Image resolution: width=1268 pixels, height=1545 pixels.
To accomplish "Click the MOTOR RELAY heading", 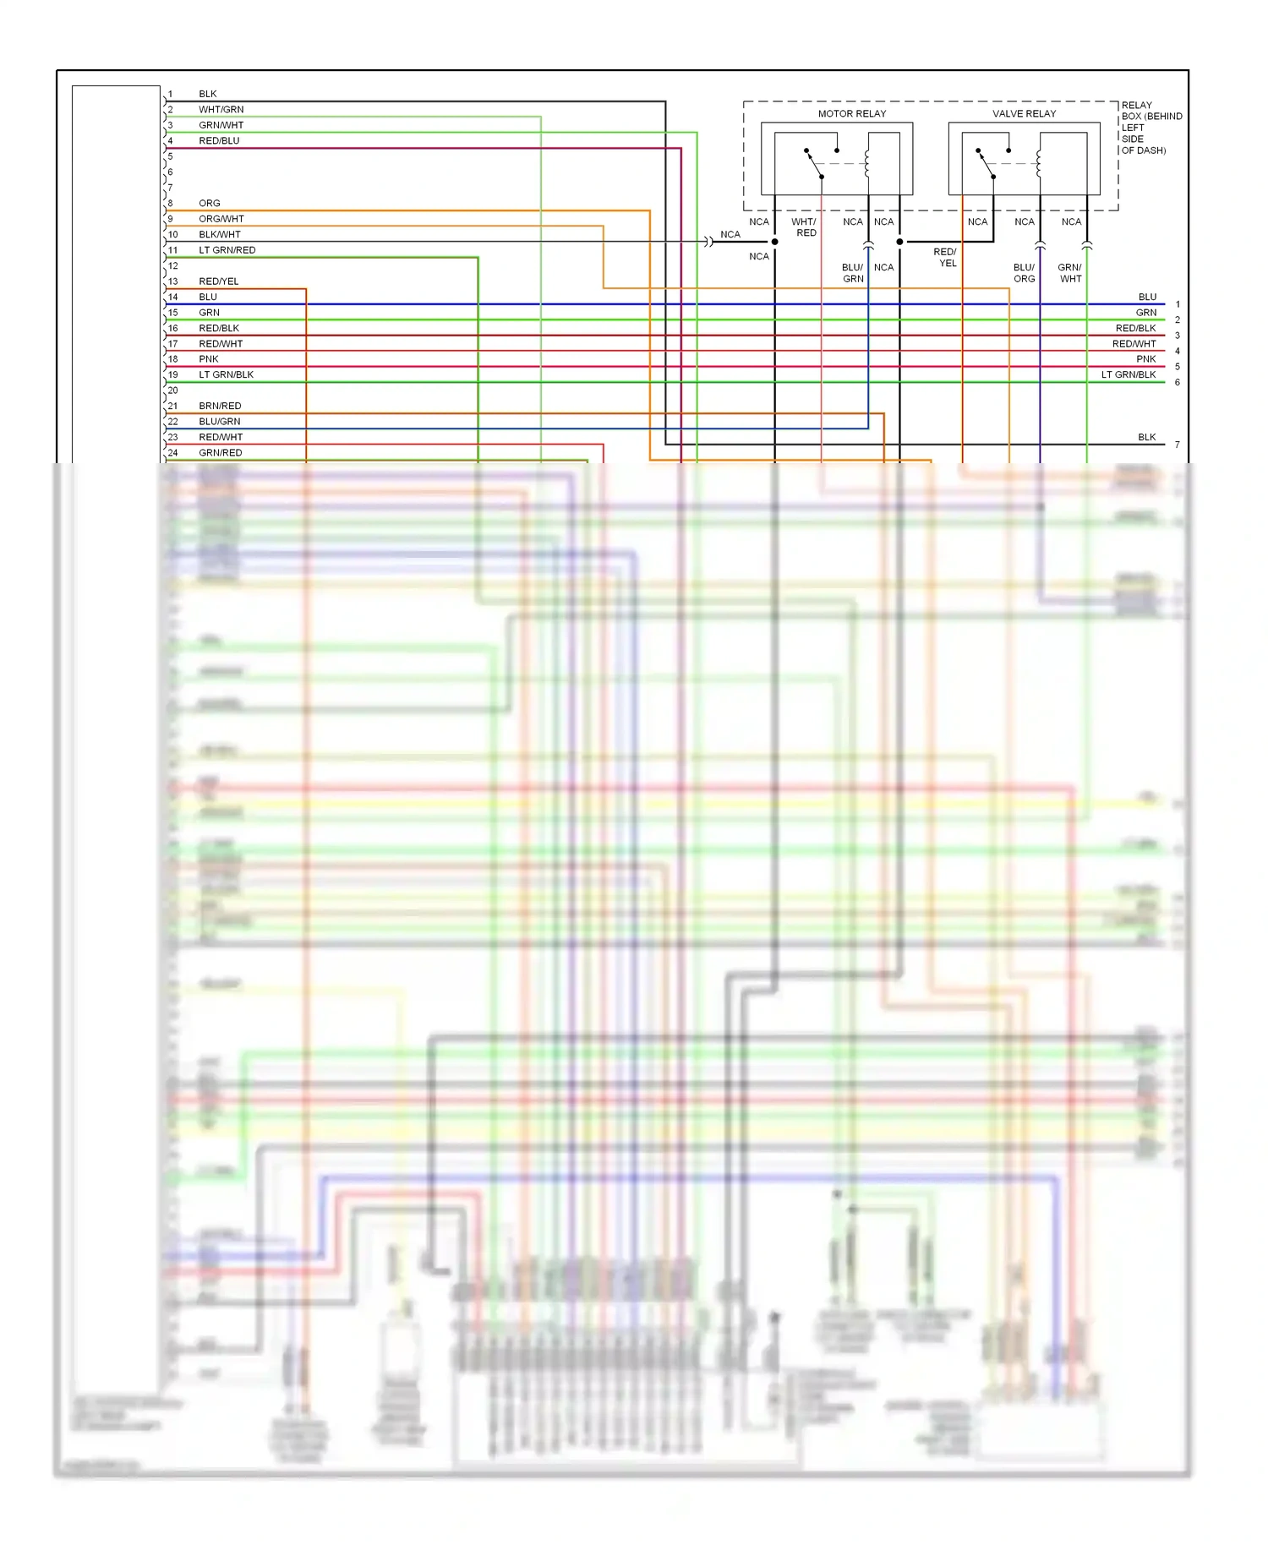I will point(851,113).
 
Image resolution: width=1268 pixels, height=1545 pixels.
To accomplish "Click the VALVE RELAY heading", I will point(1024,113).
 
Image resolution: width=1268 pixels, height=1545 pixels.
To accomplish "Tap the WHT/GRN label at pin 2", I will point(221,109).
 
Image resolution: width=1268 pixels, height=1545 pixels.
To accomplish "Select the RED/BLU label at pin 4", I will point(219,140).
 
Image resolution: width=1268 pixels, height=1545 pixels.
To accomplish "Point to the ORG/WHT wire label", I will point(221,219).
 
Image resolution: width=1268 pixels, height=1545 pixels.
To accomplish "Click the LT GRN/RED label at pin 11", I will point(227,250).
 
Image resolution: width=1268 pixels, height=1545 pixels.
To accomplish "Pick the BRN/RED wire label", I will point(220,406).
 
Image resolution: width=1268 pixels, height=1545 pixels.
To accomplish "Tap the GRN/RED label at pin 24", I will point(220,453).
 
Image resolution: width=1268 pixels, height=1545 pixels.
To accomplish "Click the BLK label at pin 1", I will point(207,94).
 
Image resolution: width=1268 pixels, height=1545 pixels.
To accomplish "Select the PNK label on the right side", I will point(1145,359).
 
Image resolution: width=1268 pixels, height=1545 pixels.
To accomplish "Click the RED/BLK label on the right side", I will point(1134,328).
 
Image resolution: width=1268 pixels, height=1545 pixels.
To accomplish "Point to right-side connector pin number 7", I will point(1177,445).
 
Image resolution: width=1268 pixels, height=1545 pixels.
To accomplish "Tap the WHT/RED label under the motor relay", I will point(804,227).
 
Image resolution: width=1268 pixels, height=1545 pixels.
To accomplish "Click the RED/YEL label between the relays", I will point(946,258).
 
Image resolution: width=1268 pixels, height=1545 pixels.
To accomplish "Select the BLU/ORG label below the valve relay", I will point(1024,273).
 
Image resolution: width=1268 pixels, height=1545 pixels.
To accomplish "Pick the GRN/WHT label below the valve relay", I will point(1069,273).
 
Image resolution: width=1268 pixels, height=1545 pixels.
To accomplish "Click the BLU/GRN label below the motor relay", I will point(852,273).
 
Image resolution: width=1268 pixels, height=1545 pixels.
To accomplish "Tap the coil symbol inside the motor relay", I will point(867,164).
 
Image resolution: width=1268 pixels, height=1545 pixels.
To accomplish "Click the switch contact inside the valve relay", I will point(986,164).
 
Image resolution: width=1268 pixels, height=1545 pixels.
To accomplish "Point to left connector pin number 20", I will point(172,390).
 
